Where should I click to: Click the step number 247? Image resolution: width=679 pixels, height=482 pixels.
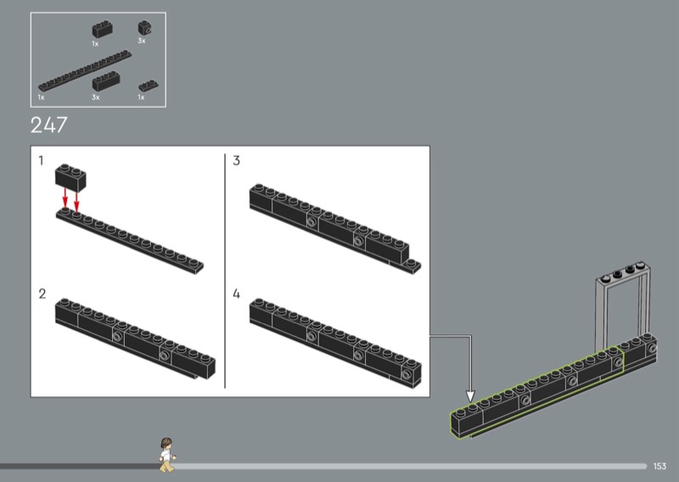point(49,125)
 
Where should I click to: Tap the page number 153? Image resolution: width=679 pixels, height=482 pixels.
point(659,466)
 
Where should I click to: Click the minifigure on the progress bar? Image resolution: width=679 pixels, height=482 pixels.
point(166,455)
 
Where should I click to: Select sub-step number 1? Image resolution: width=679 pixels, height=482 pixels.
point(41,160)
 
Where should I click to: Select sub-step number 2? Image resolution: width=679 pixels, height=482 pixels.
point(42,294)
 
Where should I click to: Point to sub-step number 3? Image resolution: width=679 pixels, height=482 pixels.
point(236,160)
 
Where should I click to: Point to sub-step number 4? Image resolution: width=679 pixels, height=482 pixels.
point(236,294)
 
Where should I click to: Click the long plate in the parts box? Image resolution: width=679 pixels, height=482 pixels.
point(85,70)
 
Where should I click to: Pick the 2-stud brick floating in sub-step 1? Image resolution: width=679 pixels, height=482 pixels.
point(70,177)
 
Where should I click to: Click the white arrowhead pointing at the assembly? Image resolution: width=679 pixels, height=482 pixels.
point(470,395)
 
